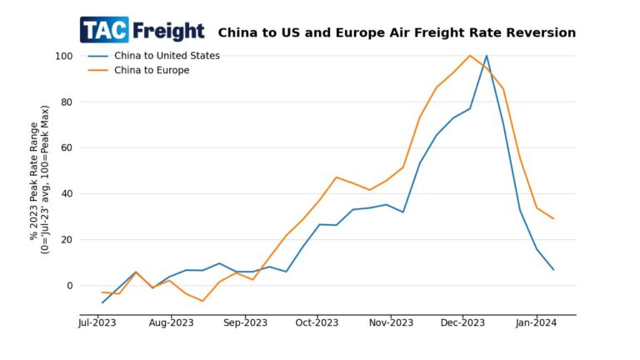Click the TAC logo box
coord(104,30)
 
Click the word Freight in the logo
coord(167,31)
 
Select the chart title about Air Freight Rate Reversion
coord(397,33)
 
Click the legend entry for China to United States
coord(167,56)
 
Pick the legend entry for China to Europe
coord(152,70)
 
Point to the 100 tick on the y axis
coord(64,56)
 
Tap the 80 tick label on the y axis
coord(67,102)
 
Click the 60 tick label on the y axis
coord(67,148)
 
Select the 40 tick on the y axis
coord(67,194)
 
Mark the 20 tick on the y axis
coord(67,240)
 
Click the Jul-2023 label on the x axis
coord(98,322)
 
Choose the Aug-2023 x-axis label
coord(171,322)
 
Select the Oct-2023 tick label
coord(317,322)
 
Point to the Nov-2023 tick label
coord(390,322)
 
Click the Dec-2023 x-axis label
coord(462,322)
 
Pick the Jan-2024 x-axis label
coord(536,322)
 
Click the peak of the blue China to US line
coord(487,56)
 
